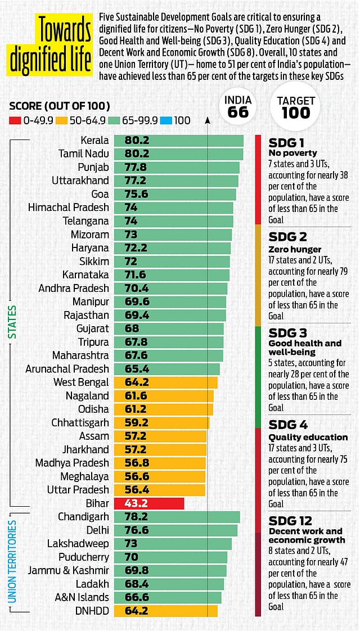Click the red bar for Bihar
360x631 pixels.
(x=149, y=503)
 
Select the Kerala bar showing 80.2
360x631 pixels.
(x=178, y=141)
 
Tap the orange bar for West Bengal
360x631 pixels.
(x=165, y=382)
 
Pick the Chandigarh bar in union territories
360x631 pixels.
(x=177, y=517)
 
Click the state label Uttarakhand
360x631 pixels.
(x=80, y=181)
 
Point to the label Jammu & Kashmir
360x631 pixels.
(x=69, y=570)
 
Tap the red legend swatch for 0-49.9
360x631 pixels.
(x=15, y=120)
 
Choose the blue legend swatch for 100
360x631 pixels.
(x=166, y=120)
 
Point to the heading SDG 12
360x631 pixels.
(x=290, y=520)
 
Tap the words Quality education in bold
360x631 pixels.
(x=308, y=437)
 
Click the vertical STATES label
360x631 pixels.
(x=12, y=322)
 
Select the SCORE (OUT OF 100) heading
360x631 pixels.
(x=59, y=106)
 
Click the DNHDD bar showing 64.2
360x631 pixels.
(x=165, y=611)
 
